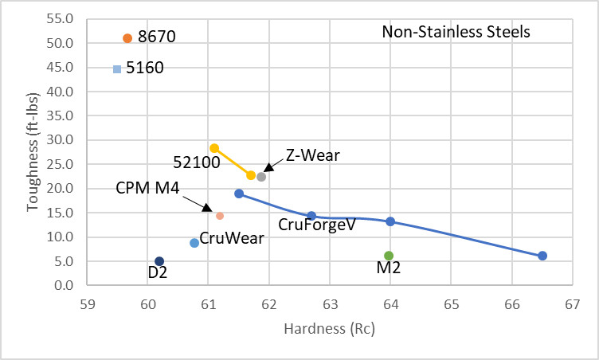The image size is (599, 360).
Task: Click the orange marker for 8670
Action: tap(127, 38)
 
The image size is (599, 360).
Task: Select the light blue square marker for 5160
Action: tap(117, 69)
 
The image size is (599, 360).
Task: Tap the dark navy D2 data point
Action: tap(159, 261)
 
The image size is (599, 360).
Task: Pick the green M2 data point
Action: tap(389, 256)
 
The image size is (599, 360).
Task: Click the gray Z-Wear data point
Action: tap(261, 177)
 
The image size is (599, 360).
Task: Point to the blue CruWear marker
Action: tap(194, 243)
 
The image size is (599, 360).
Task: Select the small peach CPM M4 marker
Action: tap(220, 216)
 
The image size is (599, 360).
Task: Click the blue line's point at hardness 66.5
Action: tap(542, 256)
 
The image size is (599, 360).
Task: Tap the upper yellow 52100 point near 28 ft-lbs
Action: tap(214, 148)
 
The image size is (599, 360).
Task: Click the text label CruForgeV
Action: tap(316, 225)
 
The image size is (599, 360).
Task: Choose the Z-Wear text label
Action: tap(313, 155)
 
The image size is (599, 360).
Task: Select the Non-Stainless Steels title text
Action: tap(456, 33)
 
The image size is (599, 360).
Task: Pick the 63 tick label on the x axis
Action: tap(329, 304)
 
